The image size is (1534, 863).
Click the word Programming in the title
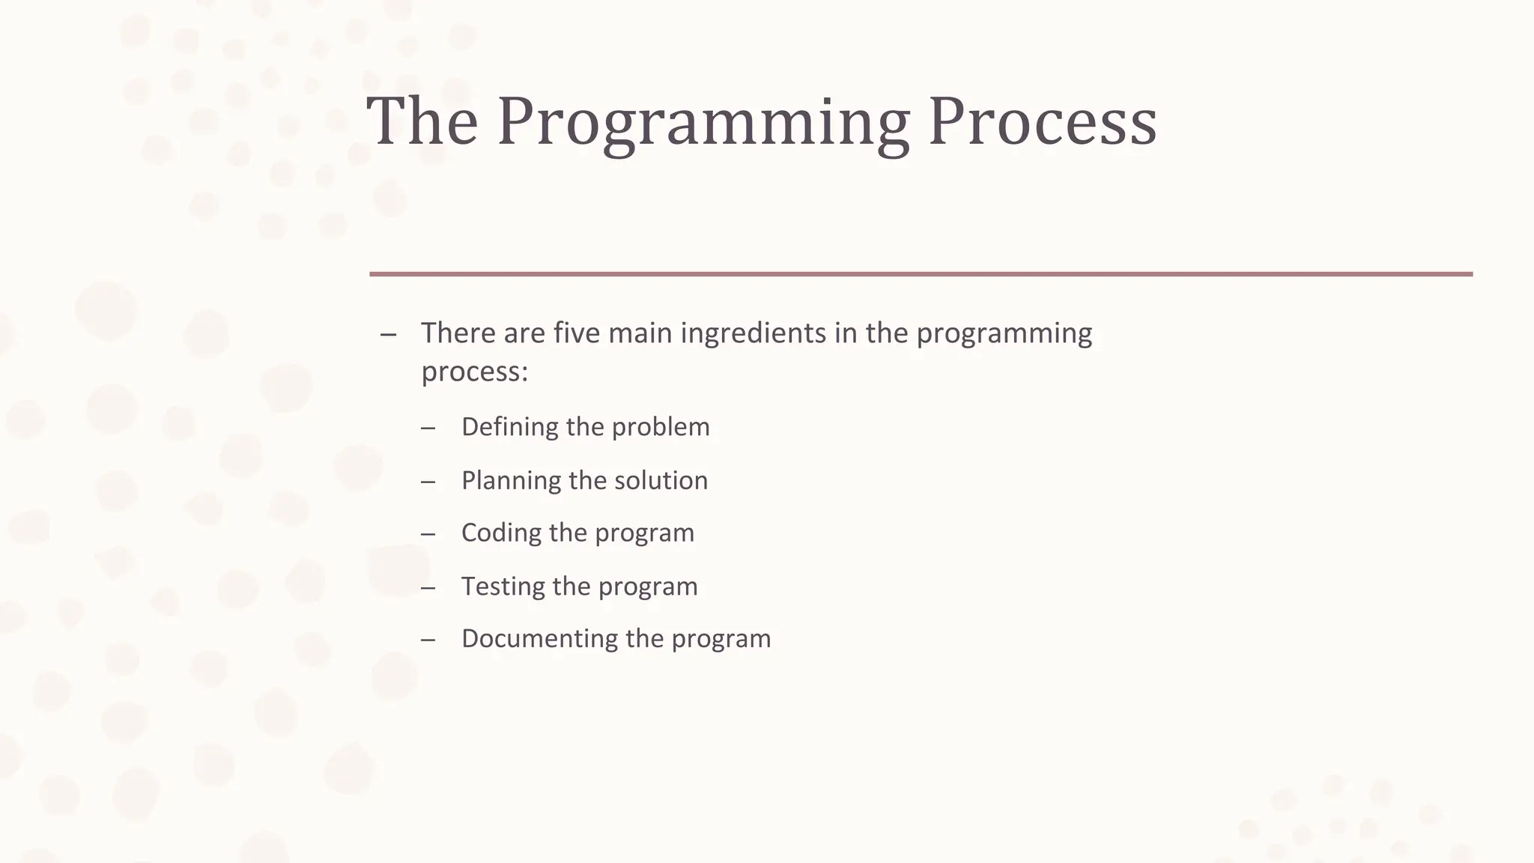point(703,122)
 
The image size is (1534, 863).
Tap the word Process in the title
point(1043,122)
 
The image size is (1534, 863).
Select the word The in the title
point(422,122)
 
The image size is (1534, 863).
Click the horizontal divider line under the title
point(921,274)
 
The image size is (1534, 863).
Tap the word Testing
point(503,586)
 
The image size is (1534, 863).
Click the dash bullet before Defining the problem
point(428,428)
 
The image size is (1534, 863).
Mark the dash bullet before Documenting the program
point(428,639)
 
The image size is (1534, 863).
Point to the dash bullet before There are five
point(388,334)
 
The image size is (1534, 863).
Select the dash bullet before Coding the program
point(428,533)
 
